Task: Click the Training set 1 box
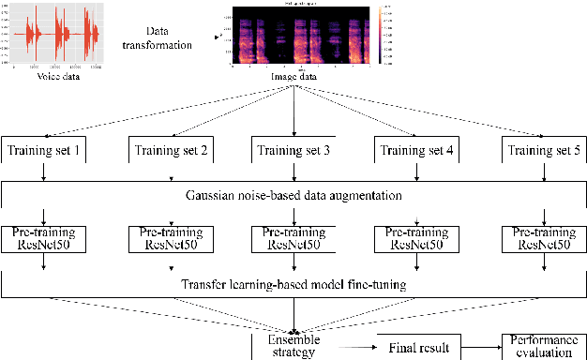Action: (44, 150)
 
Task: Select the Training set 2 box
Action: (171, 150)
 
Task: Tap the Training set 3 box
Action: (294, 150)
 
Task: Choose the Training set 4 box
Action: (417, 150)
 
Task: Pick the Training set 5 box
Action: (543, 150)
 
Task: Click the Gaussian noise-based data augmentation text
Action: (294, 196)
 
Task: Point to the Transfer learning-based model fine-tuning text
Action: (294, 282)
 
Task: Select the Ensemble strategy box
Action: (294, 346)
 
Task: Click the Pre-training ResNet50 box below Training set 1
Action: (44, 238)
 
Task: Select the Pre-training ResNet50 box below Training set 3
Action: (294, 238)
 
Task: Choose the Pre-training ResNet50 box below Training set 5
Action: (543, 238)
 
